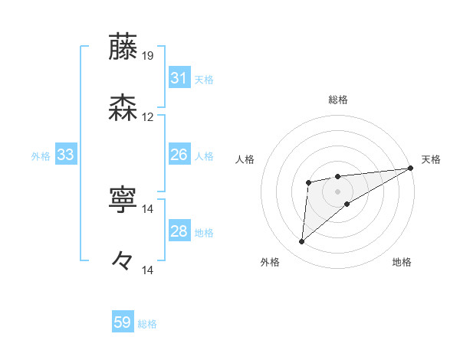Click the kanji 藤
[x=123, y=47]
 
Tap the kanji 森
[x=123, y=108]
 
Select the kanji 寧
[x=123, y=200]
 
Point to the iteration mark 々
[x=123, y=260]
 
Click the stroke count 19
[x=148, y=56]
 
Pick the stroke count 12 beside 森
[x=148, y=117]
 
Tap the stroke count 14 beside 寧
[x=148, y=209]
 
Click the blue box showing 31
[x=179, y=78]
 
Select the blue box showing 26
[x=179, y=155]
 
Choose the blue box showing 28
[x=179, y=231]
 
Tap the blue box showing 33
[x=65, y=155]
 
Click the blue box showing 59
[x=123, y=322]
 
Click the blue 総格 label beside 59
[x=148, y=324]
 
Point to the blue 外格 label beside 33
[x=41, y=156]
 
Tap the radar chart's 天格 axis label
[x=431, y=159]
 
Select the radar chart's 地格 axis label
[x=402, y=262]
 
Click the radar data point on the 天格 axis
[x=412, y=169]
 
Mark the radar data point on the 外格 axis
[x=302, y=242]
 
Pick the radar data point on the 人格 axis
[x=308, y=182]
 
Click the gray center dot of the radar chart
[x=337, y=190]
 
